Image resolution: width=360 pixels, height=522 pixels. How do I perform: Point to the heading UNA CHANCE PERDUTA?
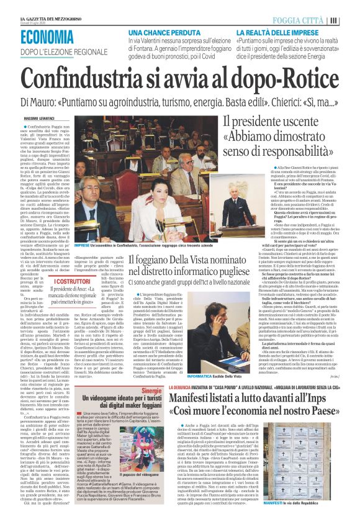point(155,31)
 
